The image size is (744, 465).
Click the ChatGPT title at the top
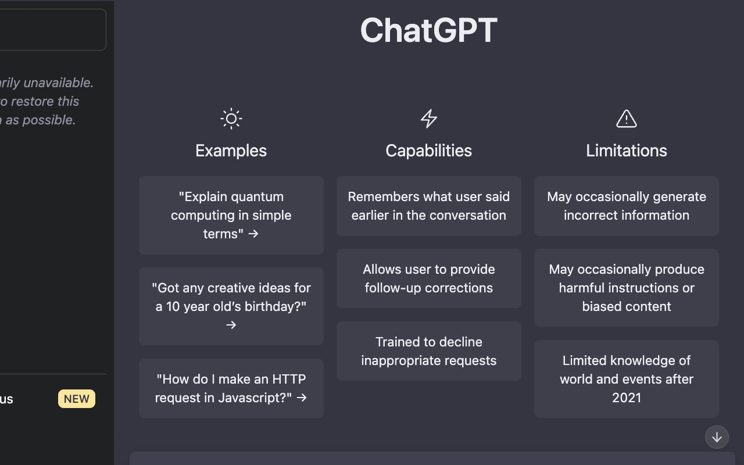tap(428, 30)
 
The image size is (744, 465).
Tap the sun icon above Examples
tap(231, 119)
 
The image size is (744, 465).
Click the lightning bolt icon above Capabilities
tap(428, 119)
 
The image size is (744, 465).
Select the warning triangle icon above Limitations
tap(626, 119)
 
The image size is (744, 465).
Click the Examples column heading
tap(231, 151)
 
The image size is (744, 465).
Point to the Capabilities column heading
tap(428, 151)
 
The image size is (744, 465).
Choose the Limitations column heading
tap(626, 151)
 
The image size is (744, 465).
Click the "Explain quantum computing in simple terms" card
tap(231, 215)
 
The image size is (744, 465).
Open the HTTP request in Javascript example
tap(231, 388)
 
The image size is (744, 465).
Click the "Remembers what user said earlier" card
tap(428, 206)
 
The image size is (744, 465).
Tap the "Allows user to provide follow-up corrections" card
tap(428, 278)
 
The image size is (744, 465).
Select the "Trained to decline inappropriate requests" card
tap(428, 351)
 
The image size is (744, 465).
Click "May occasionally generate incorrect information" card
tap(626, 206)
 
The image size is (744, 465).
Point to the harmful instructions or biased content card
tap(626, 288)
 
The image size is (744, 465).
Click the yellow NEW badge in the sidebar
tap(77, 399)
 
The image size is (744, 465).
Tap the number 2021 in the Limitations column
tap(626, 398)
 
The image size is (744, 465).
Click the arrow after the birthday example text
tap(231, 325)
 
